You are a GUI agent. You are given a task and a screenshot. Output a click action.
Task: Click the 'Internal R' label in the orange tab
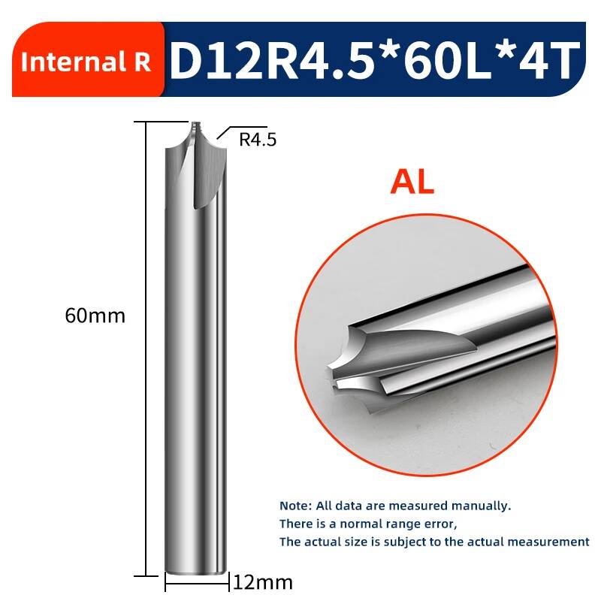(86, 62)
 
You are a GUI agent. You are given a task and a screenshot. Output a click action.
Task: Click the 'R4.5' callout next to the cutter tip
(258, 140)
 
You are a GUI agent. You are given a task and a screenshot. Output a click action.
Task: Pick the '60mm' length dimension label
(95, 316)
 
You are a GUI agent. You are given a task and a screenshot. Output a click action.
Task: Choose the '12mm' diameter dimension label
(262, 583)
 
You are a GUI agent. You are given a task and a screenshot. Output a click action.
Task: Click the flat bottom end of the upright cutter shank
(195, 572)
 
